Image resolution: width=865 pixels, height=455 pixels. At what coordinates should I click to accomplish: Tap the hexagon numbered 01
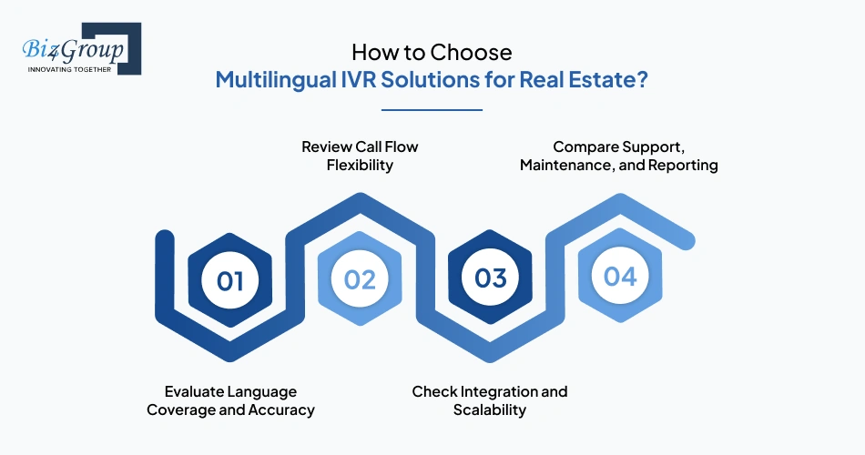[x=230, y=279]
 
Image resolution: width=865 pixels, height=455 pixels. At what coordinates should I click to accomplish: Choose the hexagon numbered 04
[x=620, y=276]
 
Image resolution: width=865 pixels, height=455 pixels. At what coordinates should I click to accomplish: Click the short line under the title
[x=431, y=110]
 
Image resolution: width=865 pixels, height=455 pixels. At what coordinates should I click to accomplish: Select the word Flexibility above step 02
[x=360, y=166]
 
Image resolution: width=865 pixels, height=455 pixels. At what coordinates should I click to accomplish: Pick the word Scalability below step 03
[x=490, y=409]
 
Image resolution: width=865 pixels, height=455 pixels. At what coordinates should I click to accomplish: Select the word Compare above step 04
[x=586, y=147]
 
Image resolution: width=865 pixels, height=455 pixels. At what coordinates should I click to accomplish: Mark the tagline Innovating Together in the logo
[x=69, y=68]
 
